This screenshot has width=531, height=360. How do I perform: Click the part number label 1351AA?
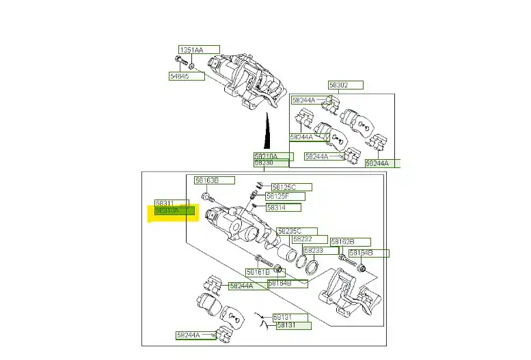pos(192,50)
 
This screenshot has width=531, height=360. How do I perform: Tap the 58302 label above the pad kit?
pos(339,85)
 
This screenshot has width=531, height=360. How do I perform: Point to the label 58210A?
pos(267,156)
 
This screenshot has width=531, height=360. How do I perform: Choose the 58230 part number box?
pos(265,163)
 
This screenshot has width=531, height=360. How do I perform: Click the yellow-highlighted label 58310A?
pos(168,211)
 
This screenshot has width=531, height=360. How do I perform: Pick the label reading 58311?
pos(165,204)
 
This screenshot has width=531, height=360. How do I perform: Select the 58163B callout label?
pos(207,180)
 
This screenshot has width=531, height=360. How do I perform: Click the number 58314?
pos(277,207)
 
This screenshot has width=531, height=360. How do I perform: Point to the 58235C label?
pos(290,231)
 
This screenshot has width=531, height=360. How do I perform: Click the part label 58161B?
pos(258,272)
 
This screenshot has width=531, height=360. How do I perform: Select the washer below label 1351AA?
pos(192,66)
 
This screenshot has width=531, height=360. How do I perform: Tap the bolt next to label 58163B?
pos(206,197)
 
